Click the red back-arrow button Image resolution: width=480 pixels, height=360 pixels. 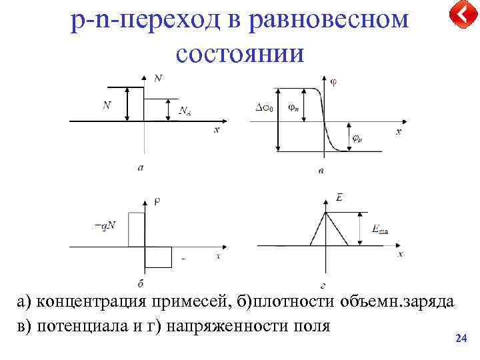[459, 14]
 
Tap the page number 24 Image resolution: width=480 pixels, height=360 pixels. [460, 339]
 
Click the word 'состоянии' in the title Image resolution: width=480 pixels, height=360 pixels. [239, 53]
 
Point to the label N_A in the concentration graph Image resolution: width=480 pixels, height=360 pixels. [185, 111]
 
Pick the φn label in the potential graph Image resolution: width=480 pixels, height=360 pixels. [293, 107]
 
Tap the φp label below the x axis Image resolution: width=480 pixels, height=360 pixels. [357, 139]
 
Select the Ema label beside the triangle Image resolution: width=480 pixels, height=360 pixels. [381, 230]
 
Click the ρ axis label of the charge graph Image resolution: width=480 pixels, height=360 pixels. [157, 200]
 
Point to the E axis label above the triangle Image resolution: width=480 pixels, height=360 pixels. [339, 198]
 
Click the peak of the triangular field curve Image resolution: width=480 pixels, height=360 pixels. [325, 212]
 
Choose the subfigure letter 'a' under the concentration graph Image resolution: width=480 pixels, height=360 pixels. [140, 168]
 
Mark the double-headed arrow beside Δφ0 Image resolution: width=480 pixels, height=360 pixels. [277, 120]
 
